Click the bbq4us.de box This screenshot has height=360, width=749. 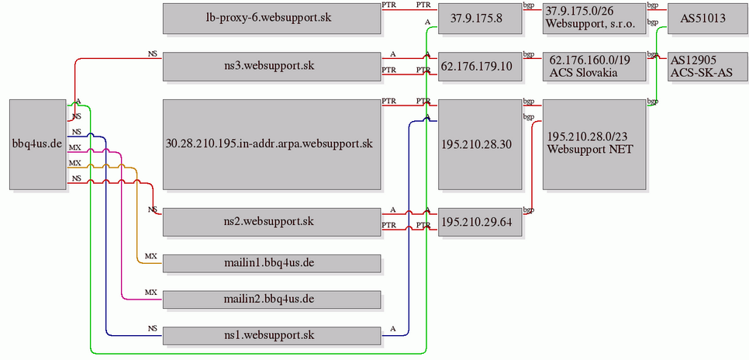[x=38, y=144]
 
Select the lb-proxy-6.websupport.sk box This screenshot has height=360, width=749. [x=272, y=19]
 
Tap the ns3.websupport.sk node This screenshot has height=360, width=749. [x=272, y=67]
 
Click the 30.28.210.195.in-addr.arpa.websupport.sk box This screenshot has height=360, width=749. [x=272, y=144]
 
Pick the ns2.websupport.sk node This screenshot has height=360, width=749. [x=272, y=222]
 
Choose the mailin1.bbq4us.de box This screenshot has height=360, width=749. [x=272, y=264]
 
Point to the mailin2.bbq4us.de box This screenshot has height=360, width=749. [x=272, y=299]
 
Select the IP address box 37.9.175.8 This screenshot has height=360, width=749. [x=480, y=19]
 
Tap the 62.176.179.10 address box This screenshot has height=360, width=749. [x=480, y=67]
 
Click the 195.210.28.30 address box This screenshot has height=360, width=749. [x=480, y=144]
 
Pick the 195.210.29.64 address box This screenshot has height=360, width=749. [x=480, y=222]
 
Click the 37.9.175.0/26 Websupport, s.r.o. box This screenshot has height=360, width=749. [x=594, y=19]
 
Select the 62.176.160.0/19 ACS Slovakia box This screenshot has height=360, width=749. [x=594, y=67]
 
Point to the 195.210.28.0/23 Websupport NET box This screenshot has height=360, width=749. [x=594, y=144]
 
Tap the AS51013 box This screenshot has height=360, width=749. [x=703, y=19]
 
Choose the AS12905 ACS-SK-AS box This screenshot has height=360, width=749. [x=703, y=67]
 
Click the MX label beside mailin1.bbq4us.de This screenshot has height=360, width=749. [x=151, y=256]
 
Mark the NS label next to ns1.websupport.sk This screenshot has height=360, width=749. [x=153, y=328]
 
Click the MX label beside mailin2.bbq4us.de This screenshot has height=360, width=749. [x=151, y=292]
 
